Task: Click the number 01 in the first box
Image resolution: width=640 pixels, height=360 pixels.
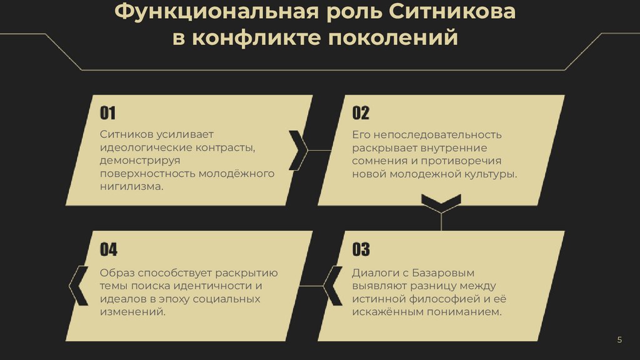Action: (x=108, y=113)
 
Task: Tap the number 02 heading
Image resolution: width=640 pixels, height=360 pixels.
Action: (x=361, y=113)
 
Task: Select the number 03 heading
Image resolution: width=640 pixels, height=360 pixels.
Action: (x=361, y=250)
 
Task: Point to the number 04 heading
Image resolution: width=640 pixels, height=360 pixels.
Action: (x=109, y=250)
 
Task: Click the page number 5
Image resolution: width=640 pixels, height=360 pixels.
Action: (x=619, y=339)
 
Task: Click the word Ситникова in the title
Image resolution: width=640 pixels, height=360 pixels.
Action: (x=455, y=12)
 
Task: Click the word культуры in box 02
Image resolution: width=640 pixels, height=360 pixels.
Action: (x=490, y=174)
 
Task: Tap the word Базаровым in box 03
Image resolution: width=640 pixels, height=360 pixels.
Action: (x=444, y=272)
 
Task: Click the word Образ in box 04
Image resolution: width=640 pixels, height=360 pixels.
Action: (x=116, y=272)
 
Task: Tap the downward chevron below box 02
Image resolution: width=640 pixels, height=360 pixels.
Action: (x=441, y=202)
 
